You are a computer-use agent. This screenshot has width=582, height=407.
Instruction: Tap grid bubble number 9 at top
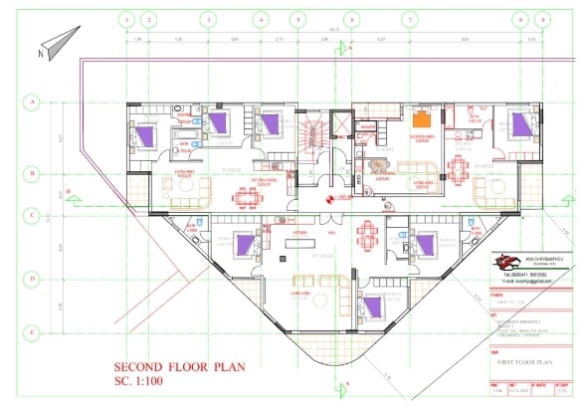pyautogui.click(x=541, y=19)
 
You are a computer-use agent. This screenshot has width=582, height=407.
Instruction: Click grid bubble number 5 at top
pyautogui.click(x=297, y=19)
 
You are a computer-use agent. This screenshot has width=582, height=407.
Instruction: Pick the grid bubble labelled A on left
pyautogui.click(x=32, y=102)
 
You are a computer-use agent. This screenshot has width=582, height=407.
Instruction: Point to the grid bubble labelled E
pyautogui.click(x=32, y=331)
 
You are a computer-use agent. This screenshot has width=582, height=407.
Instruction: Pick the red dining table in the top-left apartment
pyautogui.click(x=242, y=195)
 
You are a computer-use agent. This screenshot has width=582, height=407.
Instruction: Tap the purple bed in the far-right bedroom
pyautogui.click(x=519, y=123)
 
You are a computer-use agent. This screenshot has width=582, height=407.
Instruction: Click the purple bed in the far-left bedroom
pyautogui.click(x=146, y=132)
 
